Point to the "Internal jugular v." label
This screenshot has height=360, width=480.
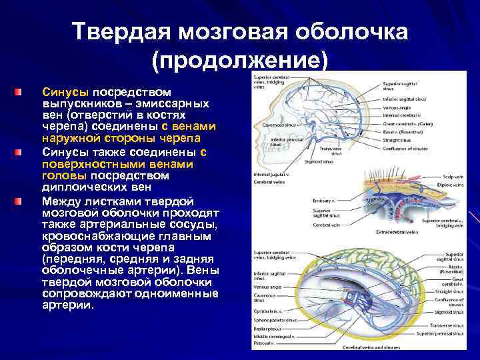[x=269, y=175]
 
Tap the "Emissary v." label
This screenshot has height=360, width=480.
[x=325, y=200]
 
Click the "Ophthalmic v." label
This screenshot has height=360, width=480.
[x=267, y=311]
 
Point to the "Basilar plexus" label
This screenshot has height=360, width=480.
[x=267, y=329]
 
